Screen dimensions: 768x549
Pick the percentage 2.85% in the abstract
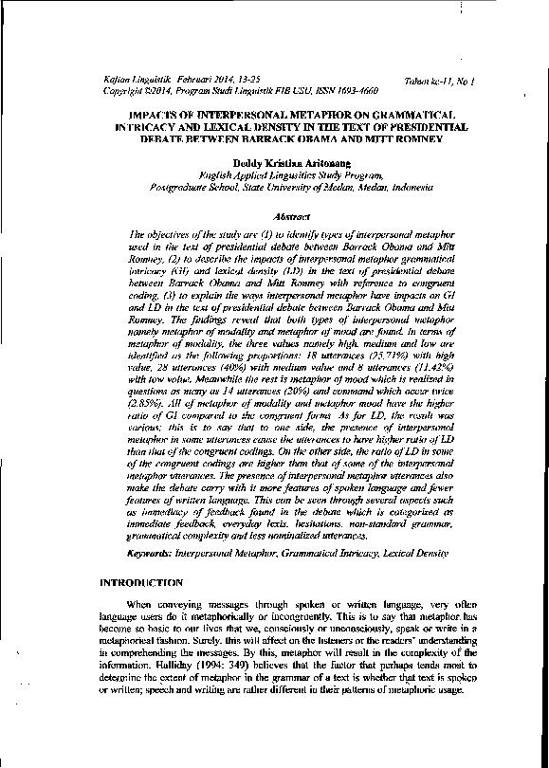tap(155, 402)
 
